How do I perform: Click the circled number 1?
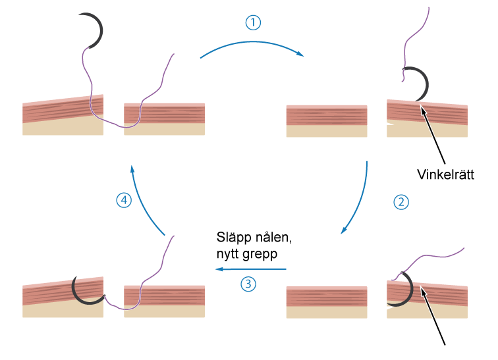pos(253,22)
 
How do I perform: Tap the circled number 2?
pos(401,202)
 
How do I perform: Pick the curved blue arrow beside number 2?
pos(362,197)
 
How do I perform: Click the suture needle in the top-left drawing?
pos(96,30)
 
